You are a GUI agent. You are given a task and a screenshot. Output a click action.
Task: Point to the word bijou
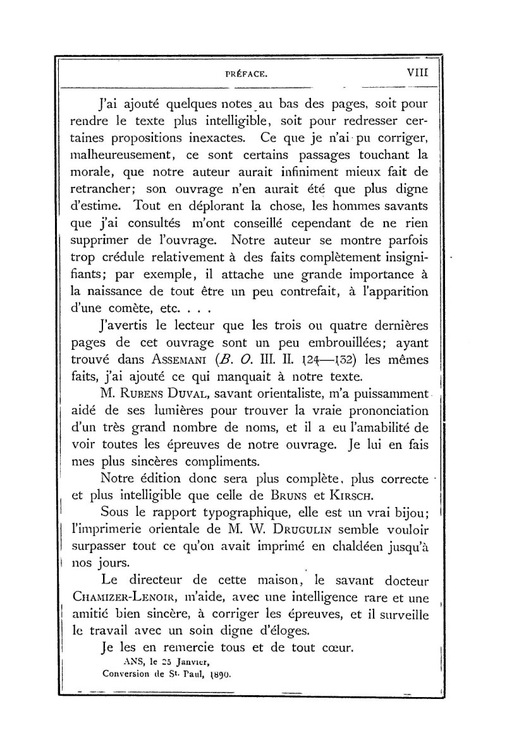click(409, 515)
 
